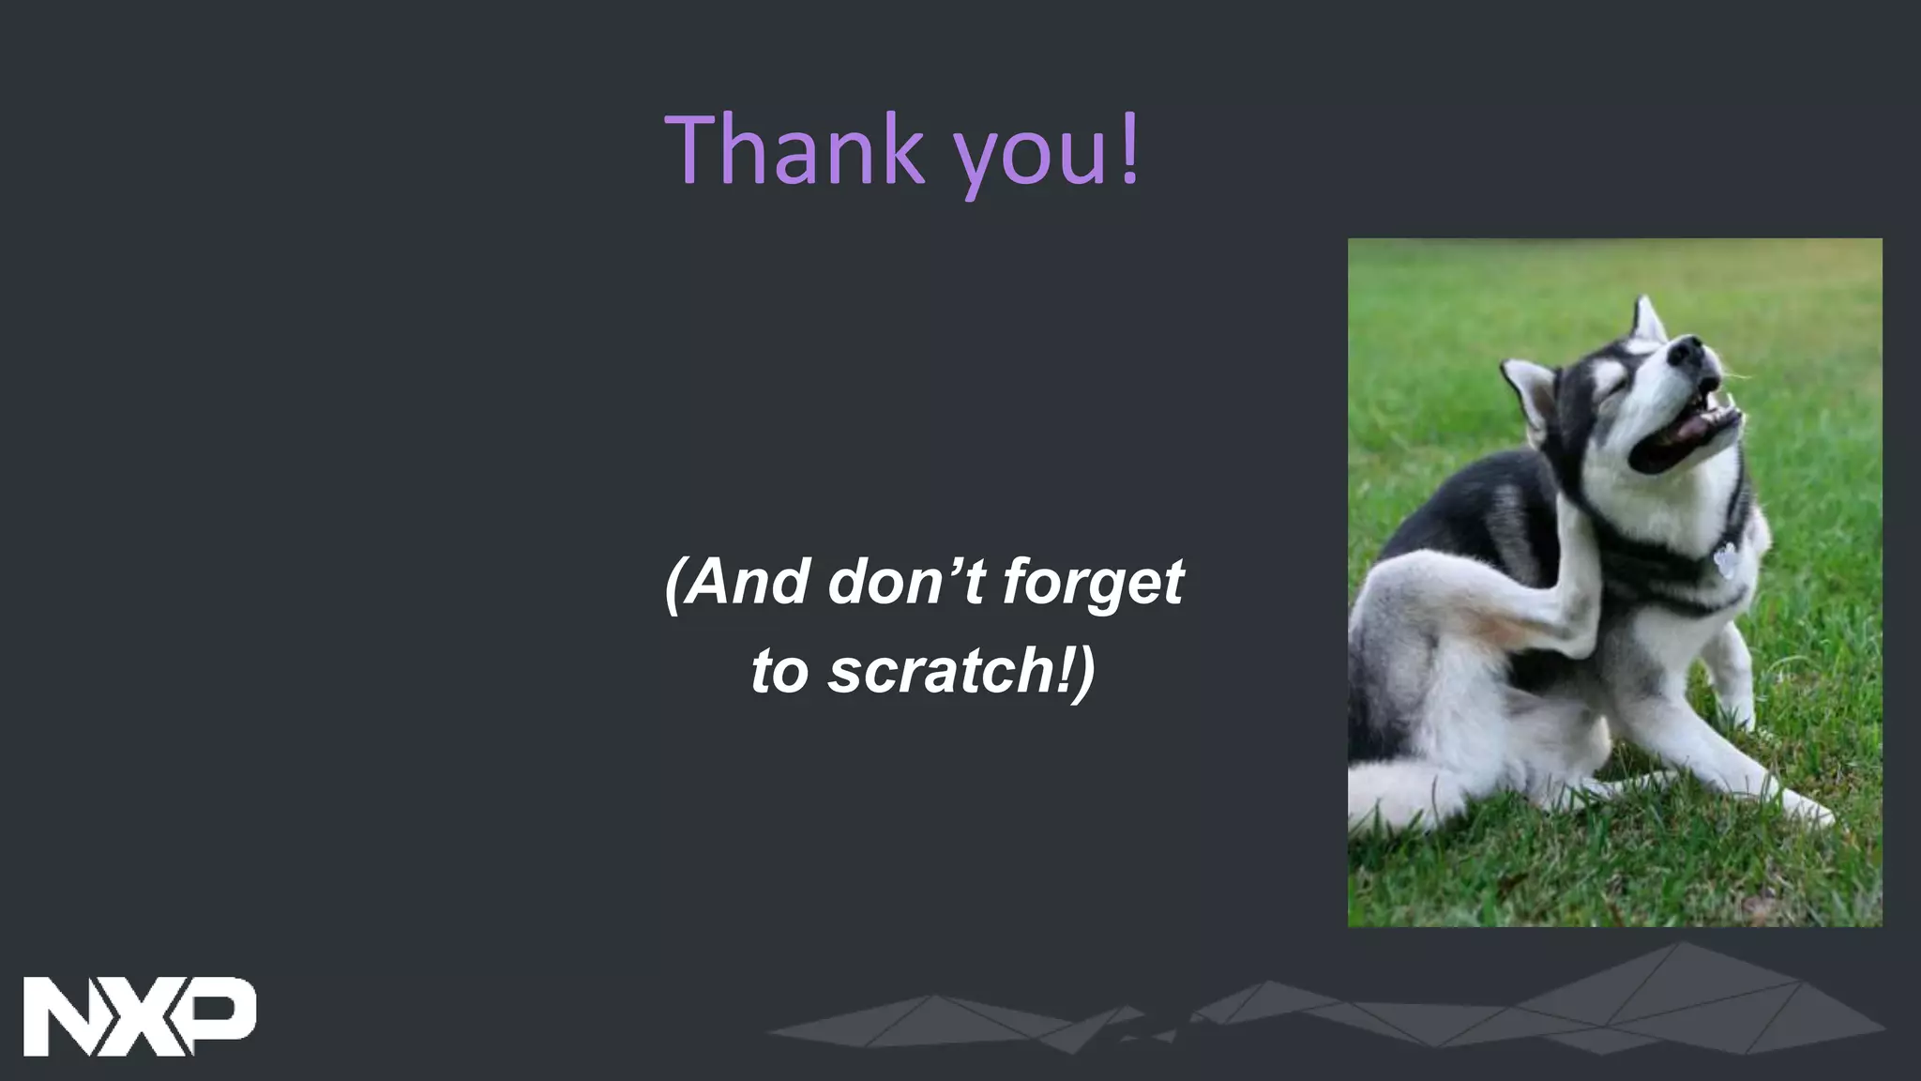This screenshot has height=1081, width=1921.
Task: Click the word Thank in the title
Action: pyautogui.click(x=794, y=150)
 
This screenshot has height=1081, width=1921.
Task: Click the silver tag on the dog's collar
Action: pyautogui.click(x=1724, y=562)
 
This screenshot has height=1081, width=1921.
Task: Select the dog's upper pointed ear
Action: pyautogui.click(x=1648, y=319)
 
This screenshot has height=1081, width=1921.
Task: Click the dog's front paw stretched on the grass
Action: pyautogui.click(x=1806, y=807)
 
